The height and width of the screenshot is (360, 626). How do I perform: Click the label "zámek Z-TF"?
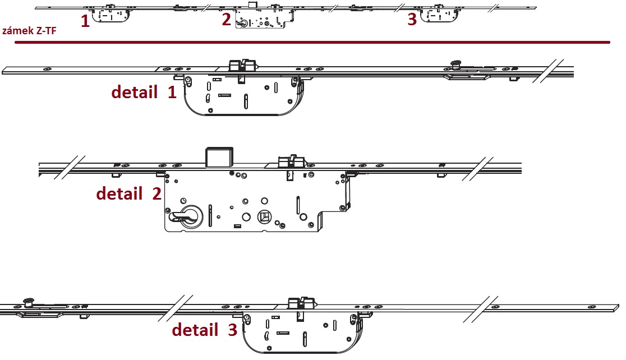coord(29,31)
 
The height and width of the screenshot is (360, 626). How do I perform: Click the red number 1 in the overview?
coord(85,21)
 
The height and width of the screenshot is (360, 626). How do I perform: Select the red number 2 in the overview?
coord(227,19)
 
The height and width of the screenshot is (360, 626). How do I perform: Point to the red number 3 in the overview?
coord(412,19)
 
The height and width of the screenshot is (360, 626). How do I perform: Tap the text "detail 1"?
coord(144,92)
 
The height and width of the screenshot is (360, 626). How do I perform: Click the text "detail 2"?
coord(128,193)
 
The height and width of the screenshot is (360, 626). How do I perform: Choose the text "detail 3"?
coord(204,330)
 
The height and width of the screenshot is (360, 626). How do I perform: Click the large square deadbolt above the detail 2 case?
coord(219,157)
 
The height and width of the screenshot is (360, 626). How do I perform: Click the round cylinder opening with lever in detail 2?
coord(191,217)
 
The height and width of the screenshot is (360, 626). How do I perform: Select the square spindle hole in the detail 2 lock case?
coord(264,217)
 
